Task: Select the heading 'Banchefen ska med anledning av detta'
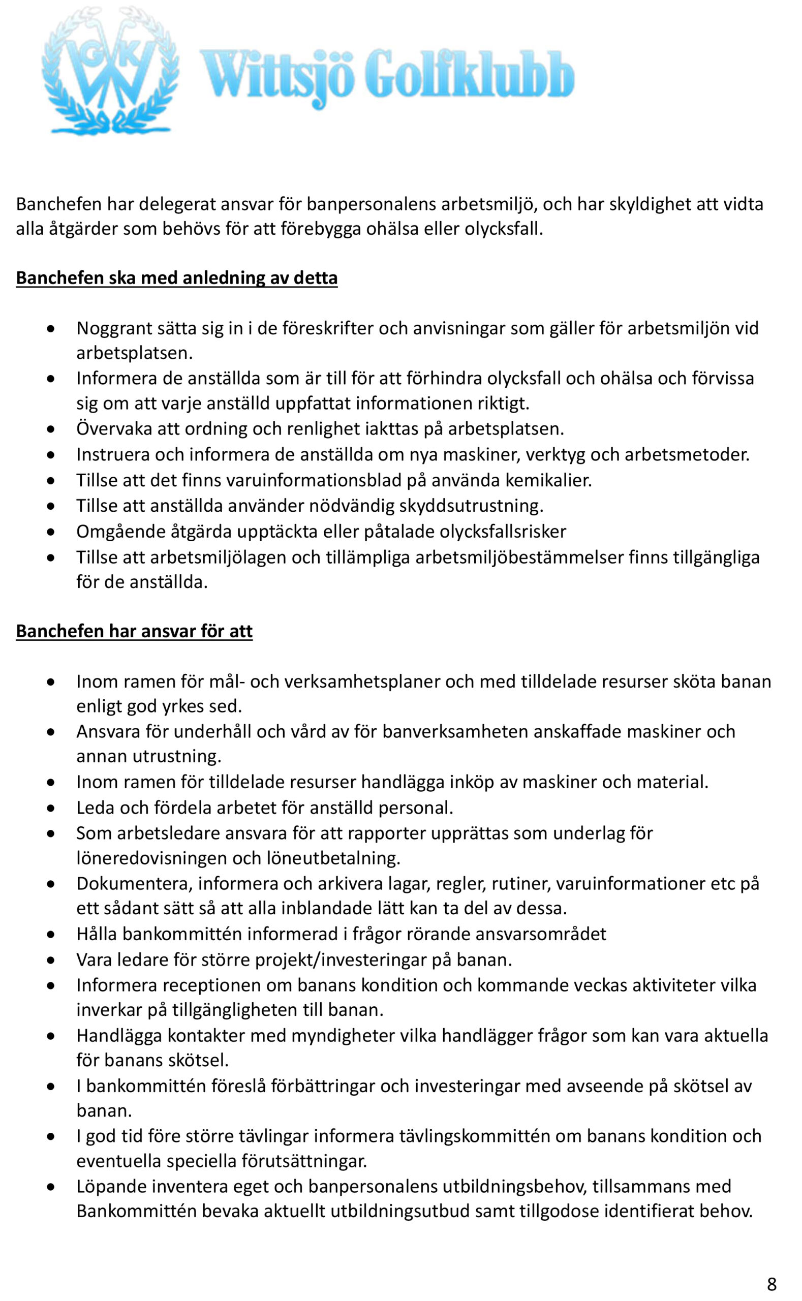click(177, 278)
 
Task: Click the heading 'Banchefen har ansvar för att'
click(134, 631)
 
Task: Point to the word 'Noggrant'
click(113, 328)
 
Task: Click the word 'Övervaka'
click(114, 428)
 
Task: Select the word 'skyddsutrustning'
click(471, 506)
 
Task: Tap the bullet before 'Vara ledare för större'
click(50, 961)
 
